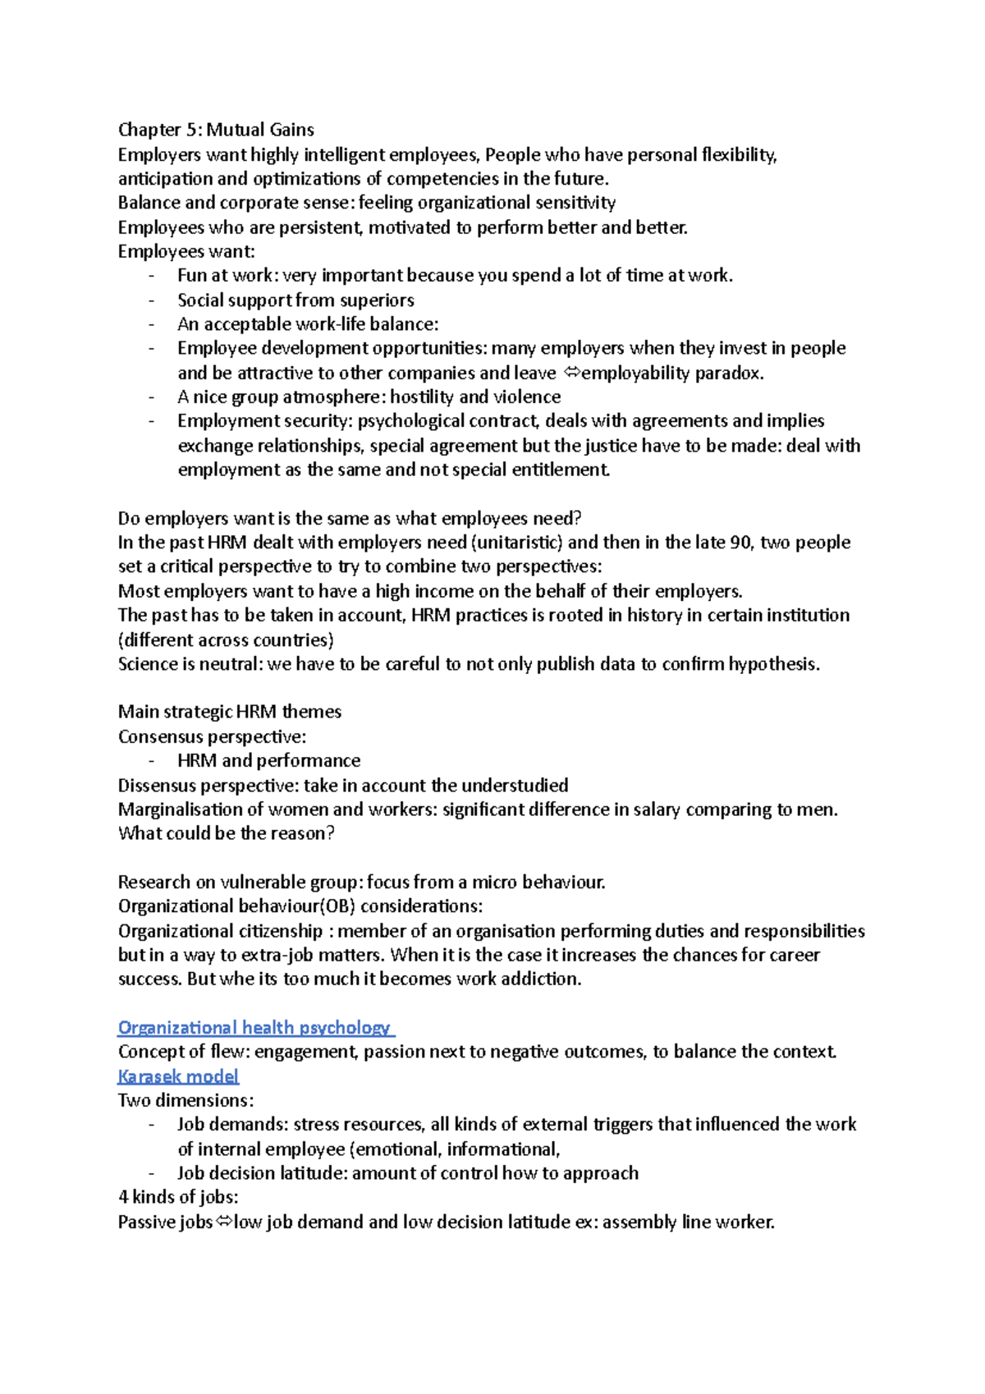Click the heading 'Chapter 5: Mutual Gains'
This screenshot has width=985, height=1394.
pyautogui.click(x=216, y=130)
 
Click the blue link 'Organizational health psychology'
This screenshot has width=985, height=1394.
pyautogui.click(x=254, y=1028)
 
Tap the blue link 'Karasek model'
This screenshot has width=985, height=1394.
pyautogui.click(x=178, y=1076)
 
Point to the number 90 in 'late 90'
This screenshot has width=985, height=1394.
pyautogui.click(x=740, y=543)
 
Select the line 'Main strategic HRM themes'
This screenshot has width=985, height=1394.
pyautogui.click(x=230, y=712)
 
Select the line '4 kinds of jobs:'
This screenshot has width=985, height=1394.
pyautogui.click(x=178, y=1198)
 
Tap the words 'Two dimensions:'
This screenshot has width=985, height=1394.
pyautogui.click(x=186, y=1101)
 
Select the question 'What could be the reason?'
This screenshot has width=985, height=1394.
pyautogui.click(x=226, y=834)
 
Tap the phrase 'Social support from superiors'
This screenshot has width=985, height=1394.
pyautogui.click(x=295, y=300)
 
